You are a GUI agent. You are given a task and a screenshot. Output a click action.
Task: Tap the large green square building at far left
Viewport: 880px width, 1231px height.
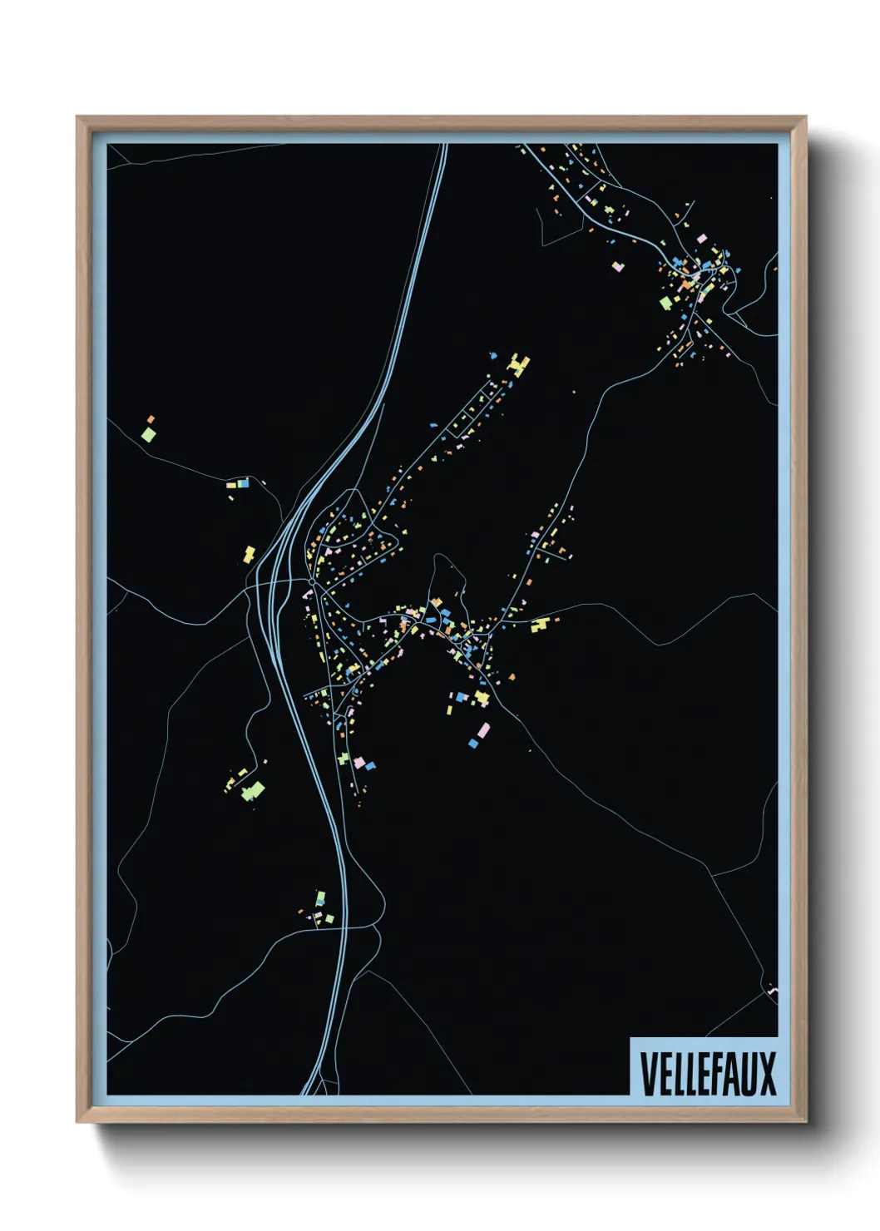[148, 434]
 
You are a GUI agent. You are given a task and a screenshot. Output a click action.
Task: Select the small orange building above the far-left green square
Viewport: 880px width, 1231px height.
[151, 419]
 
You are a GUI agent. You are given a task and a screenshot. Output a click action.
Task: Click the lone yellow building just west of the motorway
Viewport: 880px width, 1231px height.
[249, 553]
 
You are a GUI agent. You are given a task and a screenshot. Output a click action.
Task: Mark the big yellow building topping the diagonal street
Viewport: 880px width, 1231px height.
[520, 365]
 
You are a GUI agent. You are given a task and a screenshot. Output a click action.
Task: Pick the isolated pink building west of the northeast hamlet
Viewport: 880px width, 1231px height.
[617, 266]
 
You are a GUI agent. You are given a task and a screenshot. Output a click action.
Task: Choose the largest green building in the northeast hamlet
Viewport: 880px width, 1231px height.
[665, 304]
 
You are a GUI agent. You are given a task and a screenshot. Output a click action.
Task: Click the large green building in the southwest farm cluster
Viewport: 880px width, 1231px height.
[253, 790]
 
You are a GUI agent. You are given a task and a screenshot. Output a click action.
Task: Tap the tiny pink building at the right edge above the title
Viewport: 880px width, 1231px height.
[773, 990]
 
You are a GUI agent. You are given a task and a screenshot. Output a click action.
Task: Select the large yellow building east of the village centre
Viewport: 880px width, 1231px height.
[540, 625]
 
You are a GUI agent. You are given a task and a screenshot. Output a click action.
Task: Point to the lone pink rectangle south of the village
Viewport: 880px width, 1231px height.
[483, 730]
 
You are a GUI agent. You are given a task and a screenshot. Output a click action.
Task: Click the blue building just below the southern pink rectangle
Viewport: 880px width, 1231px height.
[474, 743]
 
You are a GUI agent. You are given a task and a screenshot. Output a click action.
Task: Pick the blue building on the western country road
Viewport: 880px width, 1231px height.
[243, 482]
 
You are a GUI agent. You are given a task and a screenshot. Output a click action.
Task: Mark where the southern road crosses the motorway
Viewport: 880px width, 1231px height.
[343, 926]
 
